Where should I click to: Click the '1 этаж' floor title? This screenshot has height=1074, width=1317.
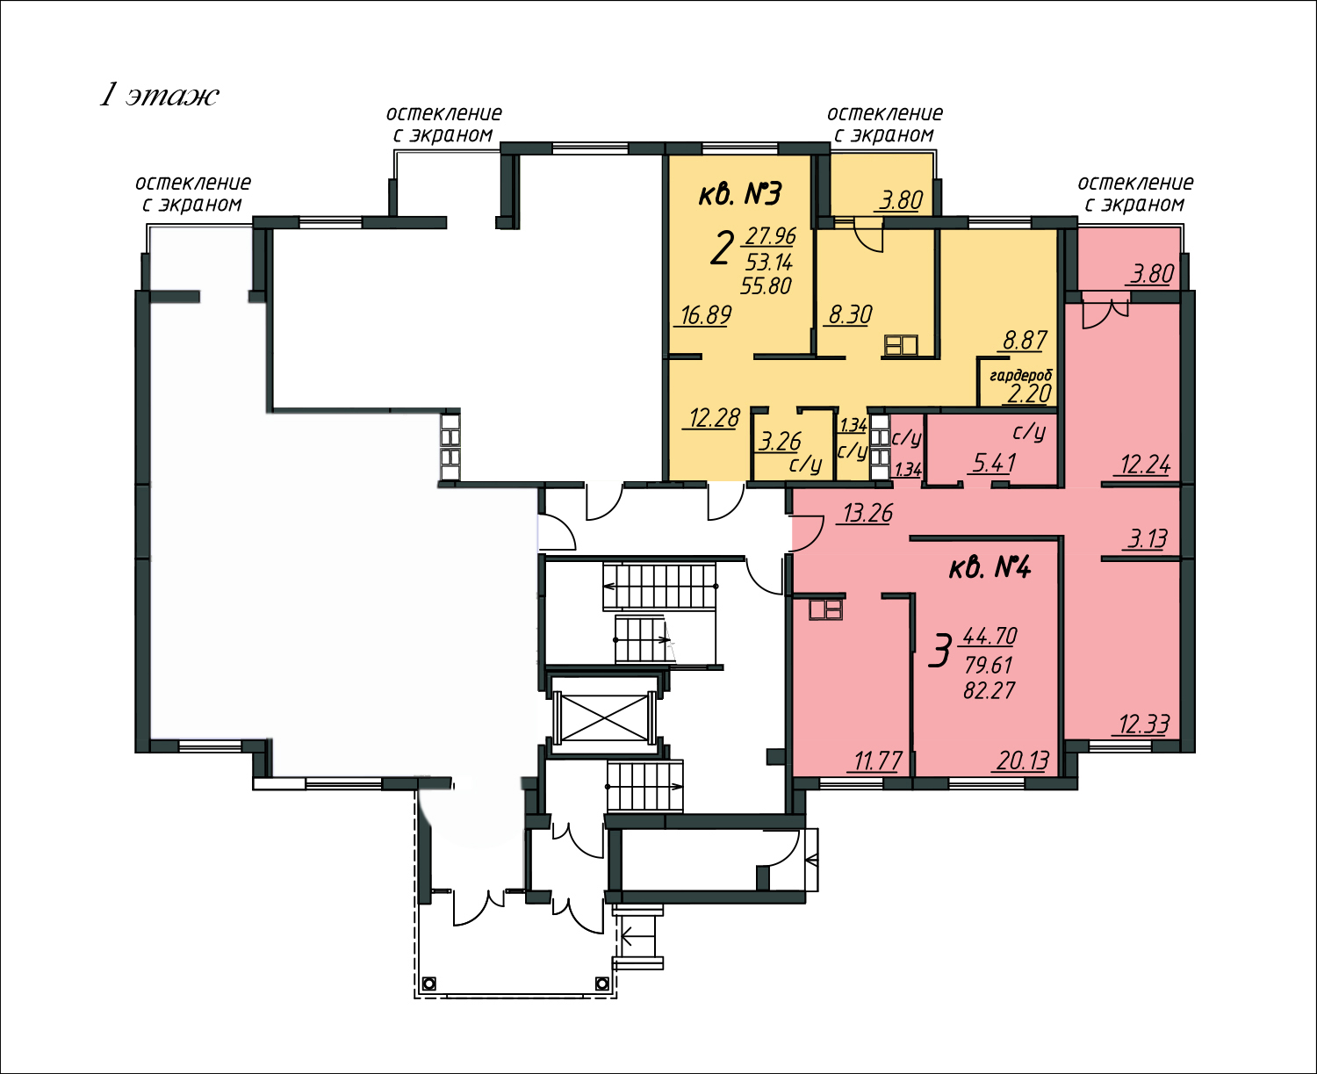point(159,96)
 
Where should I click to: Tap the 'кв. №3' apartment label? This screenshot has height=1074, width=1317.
point(739,194)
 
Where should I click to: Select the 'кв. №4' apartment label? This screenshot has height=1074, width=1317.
point(990,568)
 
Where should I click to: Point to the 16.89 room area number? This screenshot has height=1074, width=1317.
point(706,315)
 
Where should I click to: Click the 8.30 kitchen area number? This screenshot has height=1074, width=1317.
point(850,315)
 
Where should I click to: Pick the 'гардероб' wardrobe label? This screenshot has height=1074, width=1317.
point(1021,376)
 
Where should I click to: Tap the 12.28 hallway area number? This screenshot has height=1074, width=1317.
point(715,417)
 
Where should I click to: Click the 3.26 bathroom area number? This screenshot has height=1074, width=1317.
point(780,442)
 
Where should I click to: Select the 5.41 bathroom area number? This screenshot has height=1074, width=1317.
point(995,463)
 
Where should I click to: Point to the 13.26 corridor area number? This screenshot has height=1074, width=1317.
point(867,513)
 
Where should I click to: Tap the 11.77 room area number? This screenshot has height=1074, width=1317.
point(878,761)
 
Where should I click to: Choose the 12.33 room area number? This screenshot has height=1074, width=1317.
point(1144,724)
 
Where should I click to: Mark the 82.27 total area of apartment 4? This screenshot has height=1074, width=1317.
point(990,690)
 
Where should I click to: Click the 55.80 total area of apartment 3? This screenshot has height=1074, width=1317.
point(766,285)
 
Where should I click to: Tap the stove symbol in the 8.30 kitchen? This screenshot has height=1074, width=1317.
point(901,345)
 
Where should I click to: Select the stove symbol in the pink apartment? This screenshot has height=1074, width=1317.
point(825,609)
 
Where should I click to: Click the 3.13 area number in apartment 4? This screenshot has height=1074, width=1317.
point(1147,538)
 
